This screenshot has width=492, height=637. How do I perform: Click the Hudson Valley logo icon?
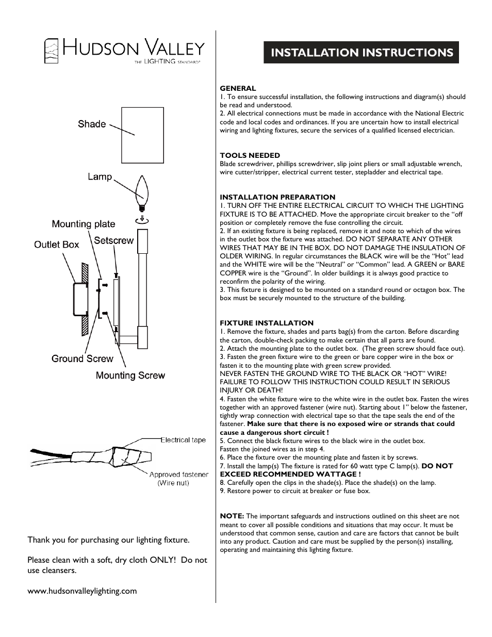51,51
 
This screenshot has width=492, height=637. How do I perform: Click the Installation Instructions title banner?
361,53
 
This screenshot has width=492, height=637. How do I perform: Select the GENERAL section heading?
238,88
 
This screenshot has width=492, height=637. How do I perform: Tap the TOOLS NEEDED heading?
250,155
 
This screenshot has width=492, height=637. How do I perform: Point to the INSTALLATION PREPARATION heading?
277,197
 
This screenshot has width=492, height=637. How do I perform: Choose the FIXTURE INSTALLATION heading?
267,323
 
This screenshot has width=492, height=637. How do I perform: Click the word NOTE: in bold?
232,516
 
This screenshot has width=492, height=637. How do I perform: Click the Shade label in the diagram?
92,124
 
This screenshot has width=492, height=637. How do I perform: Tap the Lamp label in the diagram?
100,176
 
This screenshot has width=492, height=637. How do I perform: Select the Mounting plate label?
83,224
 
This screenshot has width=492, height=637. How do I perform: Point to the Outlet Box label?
56,244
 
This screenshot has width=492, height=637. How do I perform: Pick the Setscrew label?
113,240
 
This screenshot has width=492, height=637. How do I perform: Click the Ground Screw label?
82,358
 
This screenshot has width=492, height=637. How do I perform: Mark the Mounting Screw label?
130,375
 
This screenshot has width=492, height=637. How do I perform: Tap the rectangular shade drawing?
142,135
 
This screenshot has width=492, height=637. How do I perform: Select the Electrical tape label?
183,440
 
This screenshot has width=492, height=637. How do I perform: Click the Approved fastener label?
178,475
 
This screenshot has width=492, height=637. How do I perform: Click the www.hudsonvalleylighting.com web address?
82,591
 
